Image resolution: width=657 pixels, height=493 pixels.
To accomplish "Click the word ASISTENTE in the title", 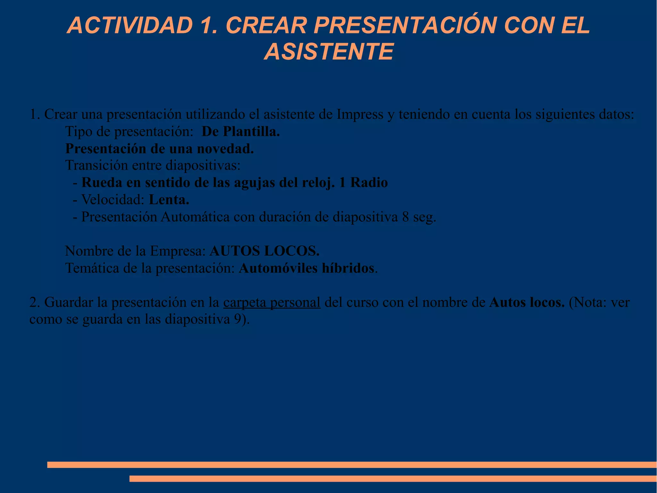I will tap(329, 52).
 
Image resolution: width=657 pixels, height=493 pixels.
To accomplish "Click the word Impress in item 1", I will tap(360, 114).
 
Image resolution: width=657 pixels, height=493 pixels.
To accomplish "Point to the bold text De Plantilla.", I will tap(241, 131).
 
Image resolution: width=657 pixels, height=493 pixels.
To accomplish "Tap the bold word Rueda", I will tap(102, 183).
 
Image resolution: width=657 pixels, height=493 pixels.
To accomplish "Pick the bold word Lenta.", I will tap(169, 200).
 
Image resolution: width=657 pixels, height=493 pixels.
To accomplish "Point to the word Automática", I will tap(195, 217).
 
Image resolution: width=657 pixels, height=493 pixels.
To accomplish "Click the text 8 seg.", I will tap(419, 217).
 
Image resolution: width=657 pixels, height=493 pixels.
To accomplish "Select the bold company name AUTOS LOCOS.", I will tap(264, 251).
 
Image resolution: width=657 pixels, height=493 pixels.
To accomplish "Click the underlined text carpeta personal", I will tap(272, 303).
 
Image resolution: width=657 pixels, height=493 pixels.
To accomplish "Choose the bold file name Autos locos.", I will tap(527, 303).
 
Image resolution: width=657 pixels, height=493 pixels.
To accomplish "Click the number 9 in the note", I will tap(237, 320).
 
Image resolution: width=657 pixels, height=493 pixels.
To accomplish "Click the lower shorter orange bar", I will tap(393, 479).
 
